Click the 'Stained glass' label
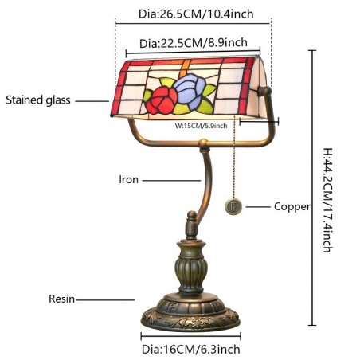38,100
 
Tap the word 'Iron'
128,179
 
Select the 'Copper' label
292,206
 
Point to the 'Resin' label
61,299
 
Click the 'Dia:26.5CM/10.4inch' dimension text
196,14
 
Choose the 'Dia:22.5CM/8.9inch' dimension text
194,43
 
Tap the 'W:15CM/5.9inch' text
201,126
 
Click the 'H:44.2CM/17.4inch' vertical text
327,200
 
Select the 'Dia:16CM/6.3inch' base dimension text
191,349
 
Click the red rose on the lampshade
162,101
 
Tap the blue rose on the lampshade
190,91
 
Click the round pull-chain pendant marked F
233,207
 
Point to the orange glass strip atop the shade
185,68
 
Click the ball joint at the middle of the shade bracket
204,143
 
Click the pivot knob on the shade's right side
265,92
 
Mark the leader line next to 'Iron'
171,181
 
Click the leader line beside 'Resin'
105,300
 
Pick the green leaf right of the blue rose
209,90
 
